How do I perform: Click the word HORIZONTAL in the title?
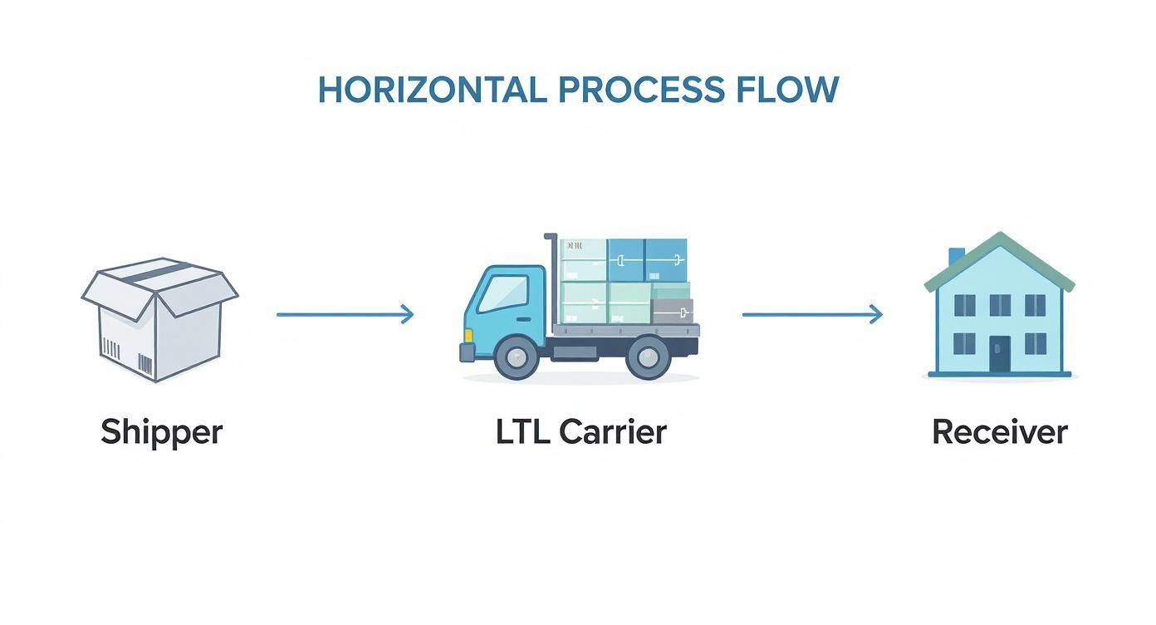[x=432, y=90]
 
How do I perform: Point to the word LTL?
[x=522, y=431]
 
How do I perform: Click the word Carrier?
[x=613, y=431]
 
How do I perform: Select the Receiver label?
[x=1000, y=432]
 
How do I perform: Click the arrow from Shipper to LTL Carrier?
[x=345, y=314]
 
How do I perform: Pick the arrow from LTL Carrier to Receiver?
[x=811, y=314]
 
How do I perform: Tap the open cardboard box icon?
[x=159, y=320]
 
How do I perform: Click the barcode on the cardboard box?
[x=145, y=364]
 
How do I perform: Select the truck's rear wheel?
[x=649, y=357]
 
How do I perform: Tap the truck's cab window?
[x=503, y=293]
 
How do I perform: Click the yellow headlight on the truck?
[x=468, y=335]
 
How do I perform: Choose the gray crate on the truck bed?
[x=672, y=311]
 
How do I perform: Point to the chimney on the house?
[x=957, y=256]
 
